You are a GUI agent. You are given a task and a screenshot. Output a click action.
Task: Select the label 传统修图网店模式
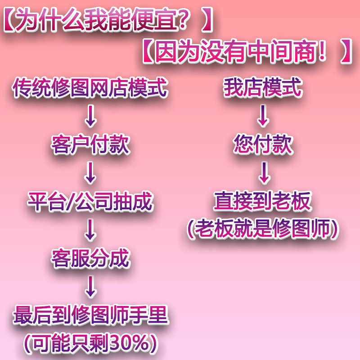point(90,89)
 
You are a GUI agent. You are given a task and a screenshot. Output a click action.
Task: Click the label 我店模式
point(263,89)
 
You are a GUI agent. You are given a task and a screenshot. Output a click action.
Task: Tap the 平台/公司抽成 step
point(90,202)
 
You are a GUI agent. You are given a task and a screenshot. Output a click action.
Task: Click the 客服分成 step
point(90,259)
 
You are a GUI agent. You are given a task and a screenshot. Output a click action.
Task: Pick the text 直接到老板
point(263,202)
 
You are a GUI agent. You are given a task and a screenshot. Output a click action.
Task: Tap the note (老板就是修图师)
point(263,229)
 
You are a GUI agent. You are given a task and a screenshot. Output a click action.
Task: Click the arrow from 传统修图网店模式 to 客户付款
point(90,117)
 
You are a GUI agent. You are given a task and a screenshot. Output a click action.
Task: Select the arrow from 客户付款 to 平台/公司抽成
point(90,173)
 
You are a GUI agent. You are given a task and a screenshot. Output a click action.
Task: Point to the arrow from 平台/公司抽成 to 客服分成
point(90,230)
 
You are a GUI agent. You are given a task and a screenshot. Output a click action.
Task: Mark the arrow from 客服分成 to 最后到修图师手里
point(90,287)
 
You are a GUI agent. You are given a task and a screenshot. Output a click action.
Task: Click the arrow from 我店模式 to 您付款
point(263,117)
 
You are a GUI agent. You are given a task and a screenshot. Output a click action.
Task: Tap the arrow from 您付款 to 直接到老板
point(263,173)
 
